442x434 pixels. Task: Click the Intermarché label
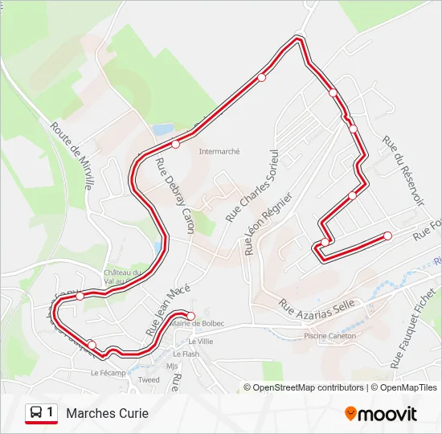pyautogui.click(x=219, y=150)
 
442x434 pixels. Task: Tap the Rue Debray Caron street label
pyautogui.click(x=175, y=195)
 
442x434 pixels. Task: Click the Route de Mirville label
pyautogui.click(x=72, y=154)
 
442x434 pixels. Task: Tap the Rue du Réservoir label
pyautogui.click(x=403, y=170)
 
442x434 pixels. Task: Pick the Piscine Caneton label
pyautogui.click(x=329, y=336)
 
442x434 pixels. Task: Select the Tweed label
pyautogui.click(x=149, y=379)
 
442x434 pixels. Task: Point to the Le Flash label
pyautogui.click(x=187, y=354)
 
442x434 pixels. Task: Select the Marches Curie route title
pyautogui.click(x=108, y=414)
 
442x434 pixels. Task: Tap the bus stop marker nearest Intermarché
pyautogui.click(x=175, y=145)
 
